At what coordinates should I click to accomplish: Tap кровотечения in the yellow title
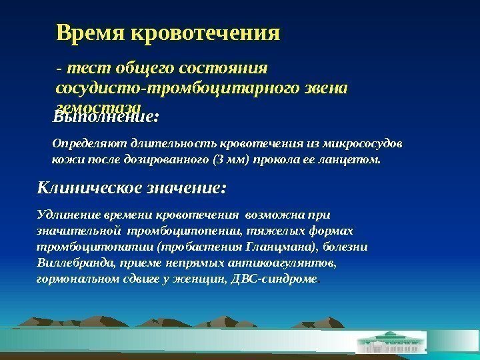coord(203,33)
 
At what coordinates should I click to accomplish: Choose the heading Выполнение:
coord(106,118)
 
